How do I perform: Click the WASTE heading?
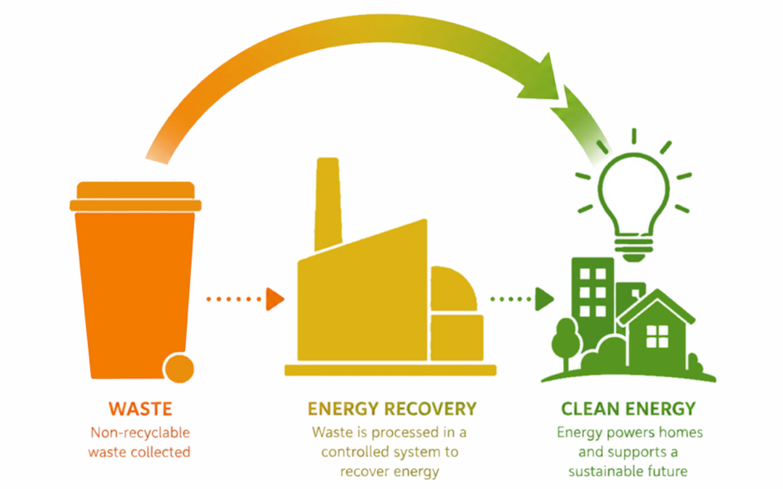click(x=140, y=409)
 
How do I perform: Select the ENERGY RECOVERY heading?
click(x=392, y=409)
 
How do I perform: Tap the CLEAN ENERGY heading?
click(x=628, y=409)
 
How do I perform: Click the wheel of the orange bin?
click(x=179, y=368)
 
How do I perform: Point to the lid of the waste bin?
click(x=136, y=196)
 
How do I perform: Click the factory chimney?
click(x=328, y=203)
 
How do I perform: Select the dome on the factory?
click(x=453, y=288)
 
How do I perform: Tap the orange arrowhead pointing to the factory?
click(x=275, y=299)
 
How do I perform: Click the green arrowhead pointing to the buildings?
click(x=545, y=299)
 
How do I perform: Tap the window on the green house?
click(x=657, y=336)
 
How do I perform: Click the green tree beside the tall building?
click(x=566, y=344)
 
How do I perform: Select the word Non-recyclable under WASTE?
click(x=140, y=433)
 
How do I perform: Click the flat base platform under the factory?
click(x=390, y=370)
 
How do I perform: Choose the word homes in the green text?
click(x=681, y=432)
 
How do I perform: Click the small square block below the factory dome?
click(x=457, y=338)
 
